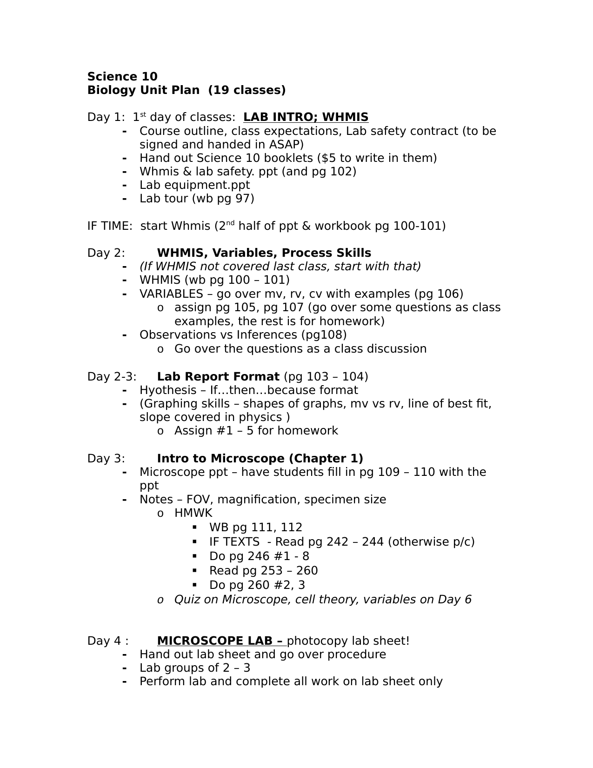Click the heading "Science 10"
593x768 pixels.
pos(122,77)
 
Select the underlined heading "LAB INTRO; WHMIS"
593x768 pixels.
pos(306,117)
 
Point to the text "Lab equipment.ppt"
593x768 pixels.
pos(194,185)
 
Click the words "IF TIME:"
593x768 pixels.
pos(110,226)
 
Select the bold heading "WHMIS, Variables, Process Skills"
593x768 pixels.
pos(264,253)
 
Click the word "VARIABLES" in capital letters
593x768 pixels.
pos(171,294)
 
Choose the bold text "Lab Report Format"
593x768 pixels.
pos(218,376)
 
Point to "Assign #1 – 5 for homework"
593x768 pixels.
pos(256,431)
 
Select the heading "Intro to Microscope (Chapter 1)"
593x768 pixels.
pos(260,459)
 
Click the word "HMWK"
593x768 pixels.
pos(193,513)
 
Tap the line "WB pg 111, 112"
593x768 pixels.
pos(256,528)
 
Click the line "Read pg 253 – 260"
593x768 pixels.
pos(263,571)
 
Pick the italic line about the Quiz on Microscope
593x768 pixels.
pos(323,600)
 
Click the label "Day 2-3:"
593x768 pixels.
pos(112,376)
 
